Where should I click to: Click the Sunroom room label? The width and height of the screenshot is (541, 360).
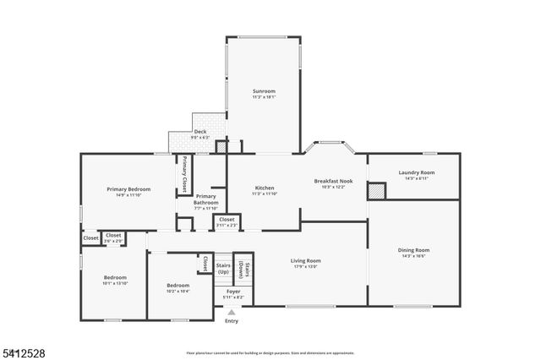[264, 90]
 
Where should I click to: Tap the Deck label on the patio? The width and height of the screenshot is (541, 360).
[200, 132]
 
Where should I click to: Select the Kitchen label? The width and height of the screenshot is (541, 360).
[264, 188]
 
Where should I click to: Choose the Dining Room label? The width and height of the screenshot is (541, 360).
[414, 250]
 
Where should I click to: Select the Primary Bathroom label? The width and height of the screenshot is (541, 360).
[205, 199]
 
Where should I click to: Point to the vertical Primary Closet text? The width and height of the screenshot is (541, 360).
[183, 175]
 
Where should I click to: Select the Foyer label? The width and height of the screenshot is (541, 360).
[232, 292]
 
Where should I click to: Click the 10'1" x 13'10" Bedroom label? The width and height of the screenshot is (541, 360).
[115, 278]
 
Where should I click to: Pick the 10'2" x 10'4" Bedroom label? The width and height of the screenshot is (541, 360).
[177, 286]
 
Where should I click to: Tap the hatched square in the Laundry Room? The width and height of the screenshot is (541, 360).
[376, 191]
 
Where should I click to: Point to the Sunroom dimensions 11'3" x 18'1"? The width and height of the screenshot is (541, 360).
[264, 96]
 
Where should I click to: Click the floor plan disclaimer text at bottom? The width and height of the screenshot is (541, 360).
[270, 352]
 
